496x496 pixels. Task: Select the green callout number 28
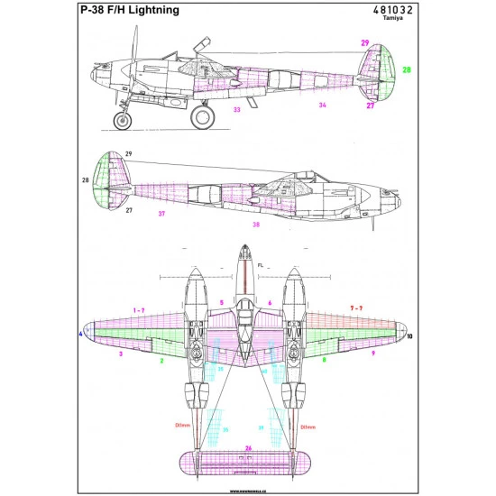coord(406,69)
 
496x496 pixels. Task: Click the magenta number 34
coord(321,105)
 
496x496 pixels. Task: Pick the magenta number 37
coord(161,214)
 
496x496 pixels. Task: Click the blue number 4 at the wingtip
coord(80,335)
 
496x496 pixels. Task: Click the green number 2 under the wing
coord(161,360)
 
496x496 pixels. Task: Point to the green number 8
coord(324,360)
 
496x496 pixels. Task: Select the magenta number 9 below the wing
coord(372,354)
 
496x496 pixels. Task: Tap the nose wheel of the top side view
coord(120,118)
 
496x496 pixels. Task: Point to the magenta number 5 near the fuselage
coord(221,303)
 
